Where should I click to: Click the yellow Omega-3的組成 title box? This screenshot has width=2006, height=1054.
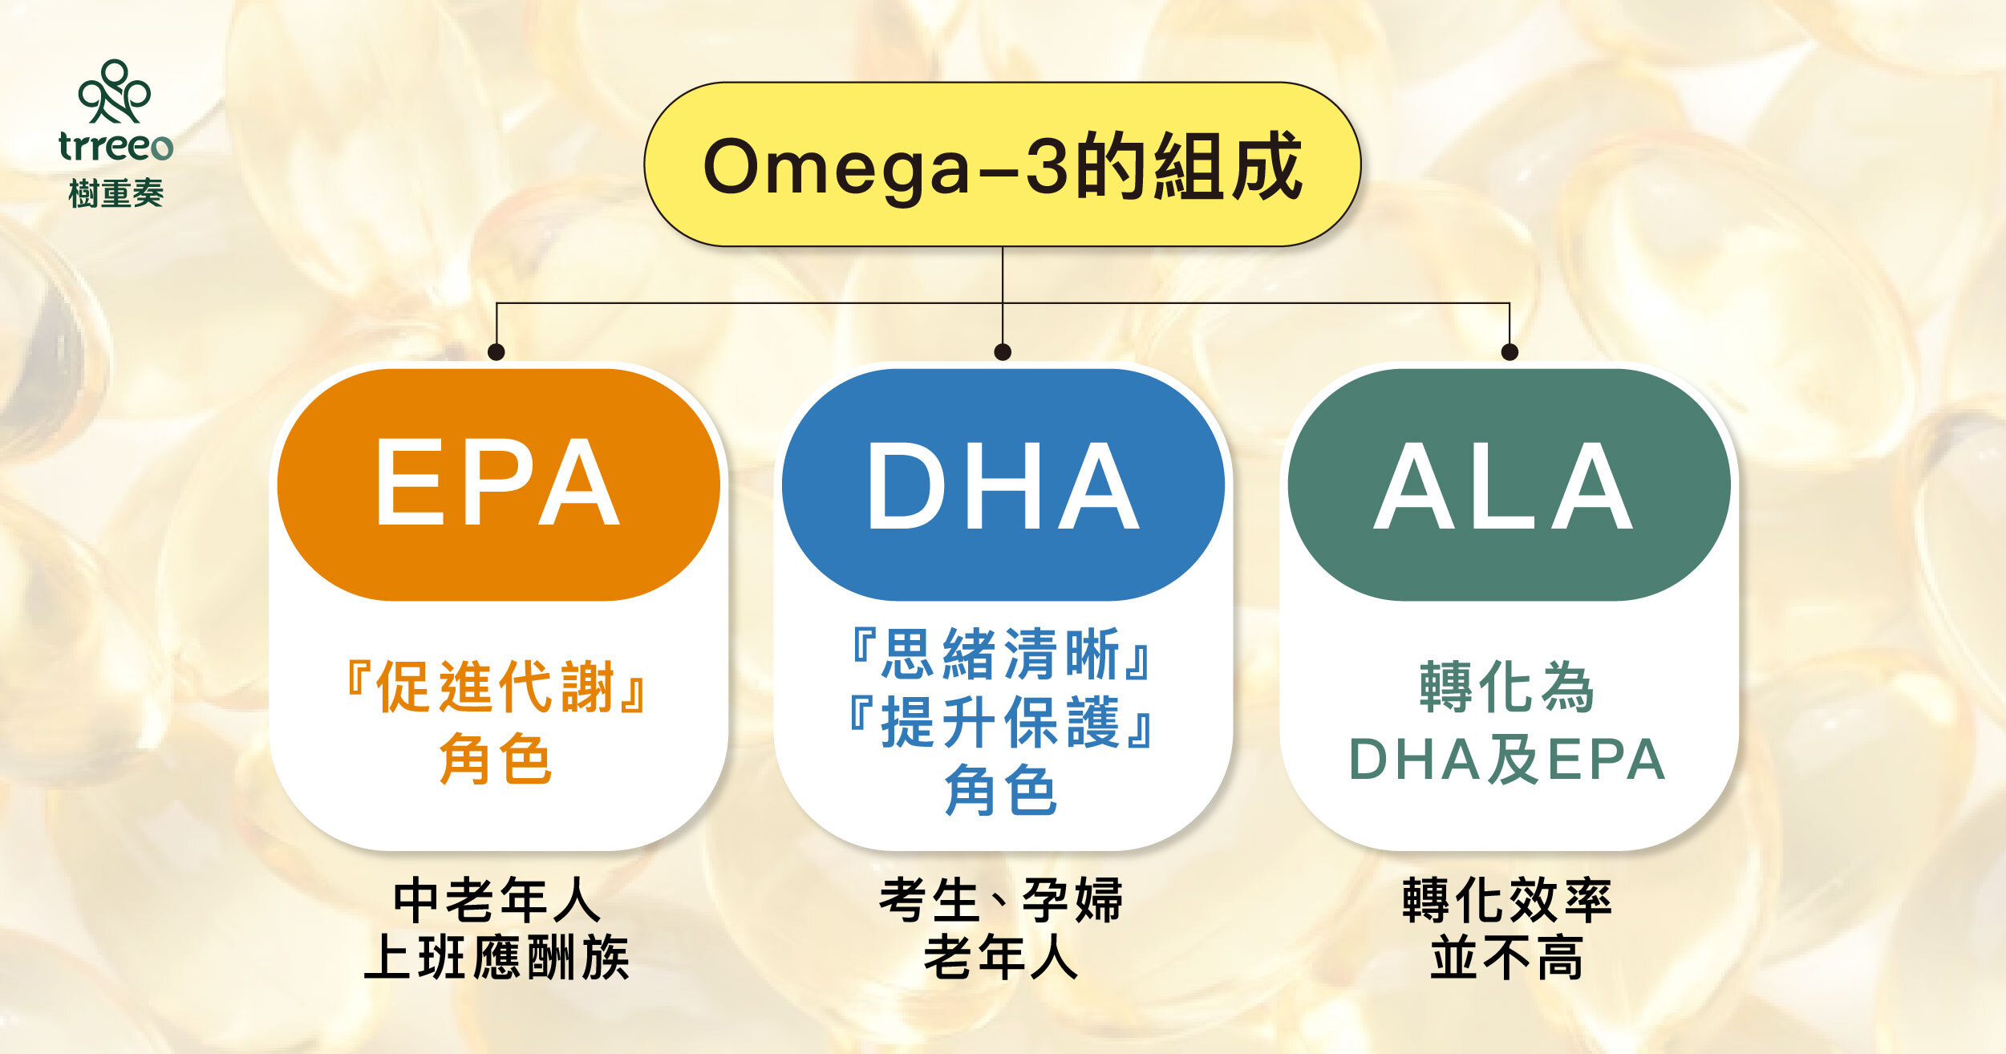pos(1002,164)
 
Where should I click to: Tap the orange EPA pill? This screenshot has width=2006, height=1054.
pos(498,484)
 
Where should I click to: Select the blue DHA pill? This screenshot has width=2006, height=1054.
pos(1003,485)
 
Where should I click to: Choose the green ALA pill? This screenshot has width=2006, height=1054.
pos(1508,485)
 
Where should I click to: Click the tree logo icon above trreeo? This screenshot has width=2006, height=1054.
pos(114,91)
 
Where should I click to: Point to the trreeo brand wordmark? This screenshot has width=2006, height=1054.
pos(116,146)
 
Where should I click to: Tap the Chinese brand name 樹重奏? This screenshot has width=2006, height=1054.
pos(116,193)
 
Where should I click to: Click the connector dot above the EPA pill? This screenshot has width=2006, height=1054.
pos(496,351)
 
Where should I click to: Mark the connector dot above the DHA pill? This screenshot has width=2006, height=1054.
pos(1003,351)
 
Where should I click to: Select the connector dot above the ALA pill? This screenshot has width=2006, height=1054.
pos(1510,351)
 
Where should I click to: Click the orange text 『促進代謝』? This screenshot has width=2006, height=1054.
pos(496,687)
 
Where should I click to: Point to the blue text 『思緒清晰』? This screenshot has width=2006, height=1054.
pos(1001,654)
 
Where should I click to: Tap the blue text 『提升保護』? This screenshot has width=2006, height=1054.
pos(1001,722)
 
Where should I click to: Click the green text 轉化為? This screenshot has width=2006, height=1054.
pos(1506,687)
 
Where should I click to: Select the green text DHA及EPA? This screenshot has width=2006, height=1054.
pos(1506,759)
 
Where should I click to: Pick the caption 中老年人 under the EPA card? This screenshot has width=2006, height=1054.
pos(497,901)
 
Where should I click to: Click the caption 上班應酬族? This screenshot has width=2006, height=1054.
pos(497,958)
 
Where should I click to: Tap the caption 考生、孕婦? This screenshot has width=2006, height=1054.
pos(1001,901)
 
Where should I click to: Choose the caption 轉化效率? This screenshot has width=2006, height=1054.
pos(1506,901)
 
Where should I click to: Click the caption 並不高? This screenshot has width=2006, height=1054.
pos(1506,958)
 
